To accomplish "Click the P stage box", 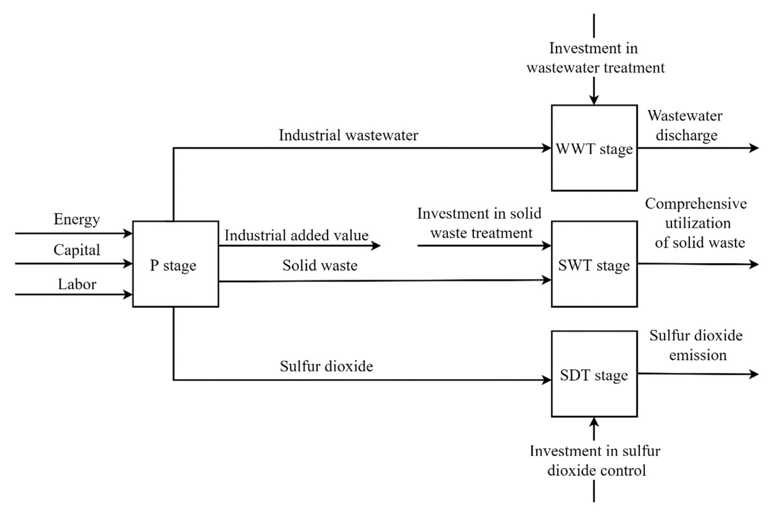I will (x=175, y=264).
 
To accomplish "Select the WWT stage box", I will (x=594, y=149).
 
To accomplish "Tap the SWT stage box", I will (x=594, y=265).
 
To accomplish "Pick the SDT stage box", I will (x=594, y=375).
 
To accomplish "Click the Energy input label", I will (x=77, y=219).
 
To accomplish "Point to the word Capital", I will (x=77, y=250).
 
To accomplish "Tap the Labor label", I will (x=77, y=284).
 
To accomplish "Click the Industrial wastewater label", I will (x=348, y=135).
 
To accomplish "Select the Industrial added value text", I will (x=296, y=235).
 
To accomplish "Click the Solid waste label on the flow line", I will (x=320, y=266).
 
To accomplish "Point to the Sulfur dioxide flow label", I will (x=326, y=366).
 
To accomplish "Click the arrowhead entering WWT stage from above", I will (x=594, y=100).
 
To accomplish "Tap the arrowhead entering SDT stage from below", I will (x=594, y=422).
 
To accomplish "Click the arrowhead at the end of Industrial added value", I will (x=376, y=245).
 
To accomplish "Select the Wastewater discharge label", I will (x=685, y=125).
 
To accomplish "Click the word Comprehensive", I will (x=696, y=204).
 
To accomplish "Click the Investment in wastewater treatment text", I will (x=595, y=58).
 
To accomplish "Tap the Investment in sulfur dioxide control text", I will (x=595, y=461).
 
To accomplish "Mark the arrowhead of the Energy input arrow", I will (x=128, y=233).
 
